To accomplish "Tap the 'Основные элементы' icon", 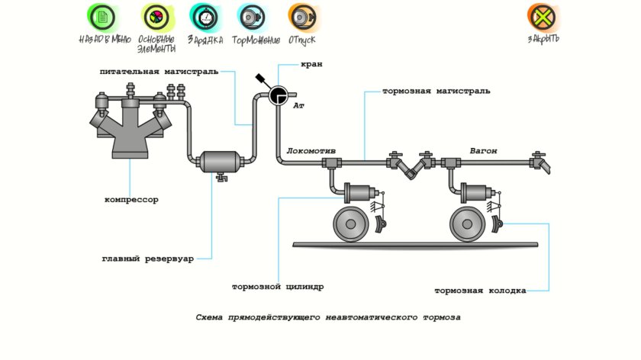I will click(156, 16).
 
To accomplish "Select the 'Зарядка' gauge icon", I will click(205, 16).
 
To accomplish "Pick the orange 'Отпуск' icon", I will click(301, 16).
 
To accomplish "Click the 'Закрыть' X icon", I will click(543, 16).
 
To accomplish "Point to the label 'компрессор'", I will click(131, 200).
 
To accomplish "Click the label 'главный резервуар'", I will click(147, 259).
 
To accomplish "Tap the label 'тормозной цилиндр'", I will click(278, 288).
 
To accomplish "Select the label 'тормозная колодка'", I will click(480, 291).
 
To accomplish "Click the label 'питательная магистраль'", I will click(158, 71).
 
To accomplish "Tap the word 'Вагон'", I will click(483, 151).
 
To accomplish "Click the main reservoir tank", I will click(221, 162).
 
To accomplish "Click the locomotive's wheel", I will click(349, 223).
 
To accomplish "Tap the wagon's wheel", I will click(467, 223).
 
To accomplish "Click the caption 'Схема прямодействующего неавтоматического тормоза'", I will click(328, 316).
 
